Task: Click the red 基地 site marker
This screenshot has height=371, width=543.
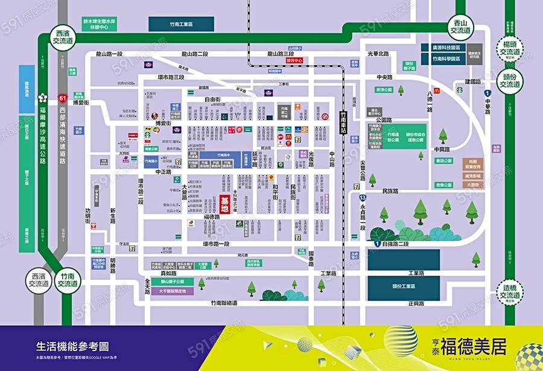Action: pyautogui.click(x=225, y=204)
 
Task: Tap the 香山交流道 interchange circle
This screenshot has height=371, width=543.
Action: pyautogui.click(x=460, y=27)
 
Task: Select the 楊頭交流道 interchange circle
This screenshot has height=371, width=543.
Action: pyautogui.click(x=510, y=48)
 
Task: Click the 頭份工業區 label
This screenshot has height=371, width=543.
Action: pyautogui.click(x=405, y=287)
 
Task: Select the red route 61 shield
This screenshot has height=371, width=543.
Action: pyautogui.click(x=62, y=97)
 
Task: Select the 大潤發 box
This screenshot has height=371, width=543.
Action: pyautogui.click(x=473, y=185)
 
